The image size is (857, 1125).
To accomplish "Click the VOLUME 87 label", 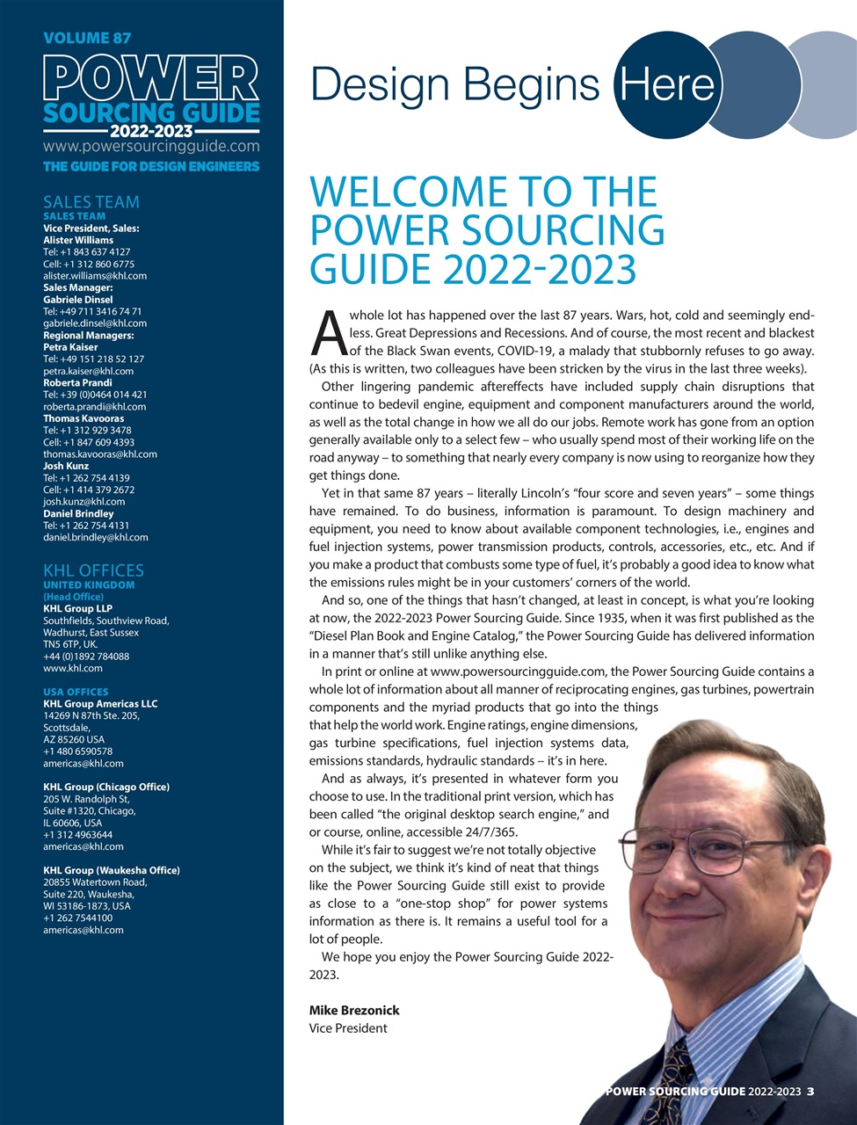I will click(x=87, y=38).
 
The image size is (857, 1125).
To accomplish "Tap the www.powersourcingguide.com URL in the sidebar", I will click(x=151, y=146).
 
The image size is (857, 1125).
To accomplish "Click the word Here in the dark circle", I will click(x=666, y=84).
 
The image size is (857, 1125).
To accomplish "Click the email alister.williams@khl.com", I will click(x=95, y=276).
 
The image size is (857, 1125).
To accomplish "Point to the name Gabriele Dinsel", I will click(x=78, y=300).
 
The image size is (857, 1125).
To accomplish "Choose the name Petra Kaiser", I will click(x=70, y=347).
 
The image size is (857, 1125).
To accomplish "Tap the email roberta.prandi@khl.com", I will click(x=94, y=407).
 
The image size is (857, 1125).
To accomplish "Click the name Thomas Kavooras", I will click(x=84, y=418).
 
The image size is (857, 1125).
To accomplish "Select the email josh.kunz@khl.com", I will click(x=84, y=502).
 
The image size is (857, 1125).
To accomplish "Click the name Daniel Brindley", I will click(x=78, y=513).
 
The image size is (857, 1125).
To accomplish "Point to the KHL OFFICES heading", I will click(x=93, y=570).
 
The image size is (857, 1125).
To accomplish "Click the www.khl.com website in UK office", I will click(x=73, y=668).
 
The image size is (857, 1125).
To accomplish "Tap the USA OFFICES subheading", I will click(x=76, y=692).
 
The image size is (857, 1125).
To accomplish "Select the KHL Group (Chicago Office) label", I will click(x=106, y=787).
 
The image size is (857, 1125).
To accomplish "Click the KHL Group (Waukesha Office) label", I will click(x=112, y=870).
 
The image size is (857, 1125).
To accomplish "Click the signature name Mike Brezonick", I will click(x=354, y=1010).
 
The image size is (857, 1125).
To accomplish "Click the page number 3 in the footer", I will click(x=810, y=1092).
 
